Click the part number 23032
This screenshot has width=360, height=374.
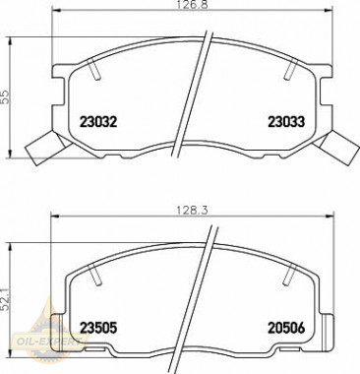(x=97, y=123)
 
